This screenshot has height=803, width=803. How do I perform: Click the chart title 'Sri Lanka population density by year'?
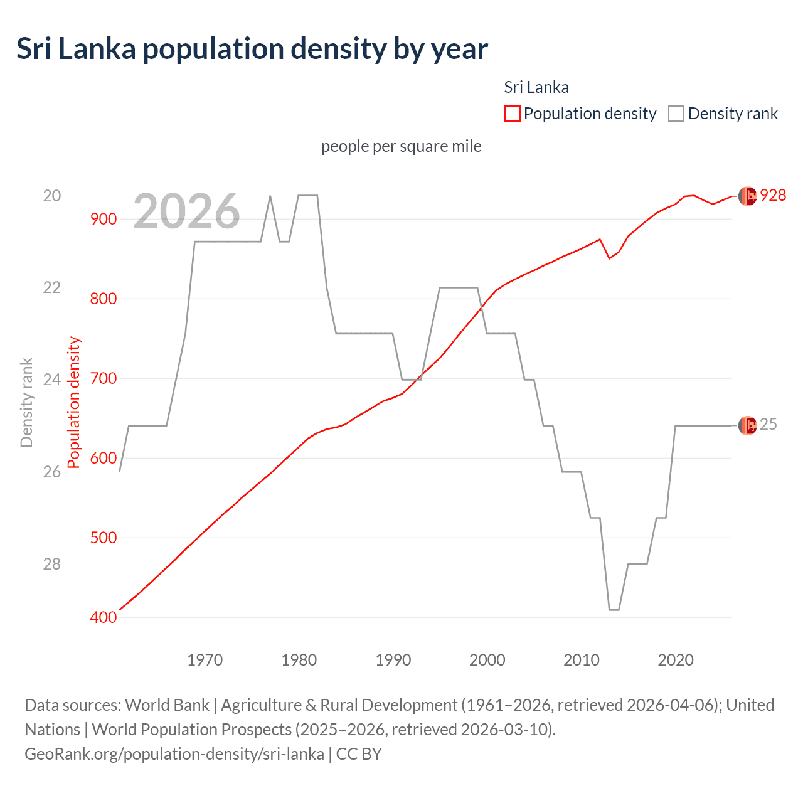252,49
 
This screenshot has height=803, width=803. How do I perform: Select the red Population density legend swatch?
512,114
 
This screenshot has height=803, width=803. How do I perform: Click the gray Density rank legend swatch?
676,114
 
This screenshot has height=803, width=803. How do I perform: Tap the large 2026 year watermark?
186,211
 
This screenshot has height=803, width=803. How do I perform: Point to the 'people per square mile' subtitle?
401,146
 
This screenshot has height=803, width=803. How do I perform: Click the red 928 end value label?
773,196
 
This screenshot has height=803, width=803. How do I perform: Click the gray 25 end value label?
768,425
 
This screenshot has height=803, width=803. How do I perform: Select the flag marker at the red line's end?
747,196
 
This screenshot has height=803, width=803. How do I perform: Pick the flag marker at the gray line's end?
747,425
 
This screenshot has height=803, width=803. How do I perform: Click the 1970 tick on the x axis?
205,660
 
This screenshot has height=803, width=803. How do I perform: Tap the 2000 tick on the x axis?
487,660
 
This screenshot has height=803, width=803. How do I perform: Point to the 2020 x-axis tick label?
676,660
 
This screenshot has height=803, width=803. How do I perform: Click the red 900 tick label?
104,219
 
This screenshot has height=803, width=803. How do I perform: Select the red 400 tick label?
104,617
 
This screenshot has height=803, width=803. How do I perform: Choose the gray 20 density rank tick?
52,196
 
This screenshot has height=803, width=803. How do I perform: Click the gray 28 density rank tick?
52,564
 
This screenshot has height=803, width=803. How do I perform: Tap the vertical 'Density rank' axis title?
26,403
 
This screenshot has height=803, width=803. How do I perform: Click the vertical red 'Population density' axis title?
74,403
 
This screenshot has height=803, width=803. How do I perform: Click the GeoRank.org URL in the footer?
174,753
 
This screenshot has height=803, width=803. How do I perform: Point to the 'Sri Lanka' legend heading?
536,87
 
